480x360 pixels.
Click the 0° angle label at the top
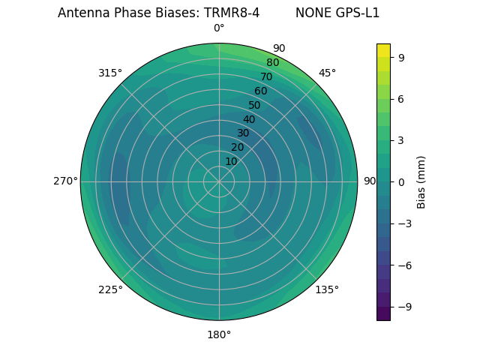pos(219,28)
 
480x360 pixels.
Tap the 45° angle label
pos(327,73)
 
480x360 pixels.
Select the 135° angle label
pos(327,289)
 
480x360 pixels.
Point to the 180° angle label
pos(219,334)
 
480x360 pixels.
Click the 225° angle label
pos(110,290)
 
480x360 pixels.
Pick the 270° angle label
pos(65,181)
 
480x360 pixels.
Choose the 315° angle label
pos(110,73)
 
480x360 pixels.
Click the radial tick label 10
pos(231,161)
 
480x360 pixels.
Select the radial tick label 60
pos(261,91)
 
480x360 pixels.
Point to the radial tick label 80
pos(273,63)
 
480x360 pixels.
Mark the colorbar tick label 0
pos(402,181)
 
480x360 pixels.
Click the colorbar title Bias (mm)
pos(422,181)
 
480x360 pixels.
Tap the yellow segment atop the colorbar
pos(383,49)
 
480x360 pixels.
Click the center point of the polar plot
pos(219,181)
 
